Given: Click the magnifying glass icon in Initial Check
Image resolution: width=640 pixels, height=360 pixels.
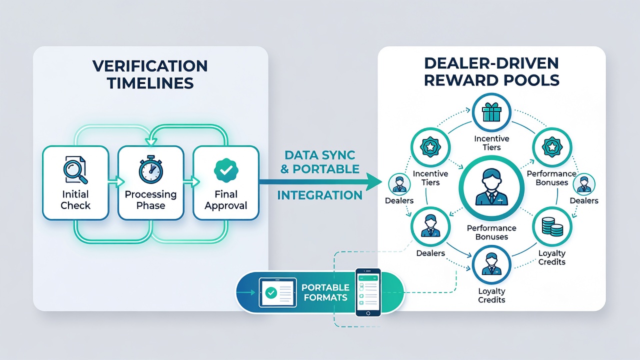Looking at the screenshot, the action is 75,170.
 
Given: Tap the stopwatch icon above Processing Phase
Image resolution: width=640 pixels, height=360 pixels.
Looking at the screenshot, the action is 151,169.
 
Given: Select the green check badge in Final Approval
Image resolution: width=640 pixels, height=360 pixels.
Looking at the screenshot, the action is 226,170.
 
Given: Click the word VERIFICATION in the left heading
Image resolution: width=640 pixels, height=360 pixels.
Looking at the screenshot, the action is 150,66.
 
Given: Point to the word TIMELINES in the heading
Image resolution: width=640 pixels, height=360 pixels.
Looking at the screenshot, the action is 150,83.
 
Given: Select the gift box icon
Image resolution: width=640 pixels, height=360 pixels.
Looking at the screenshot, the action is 491,112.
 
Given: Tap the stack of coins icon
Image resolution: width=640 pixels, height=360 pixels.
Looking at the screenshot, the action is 552,227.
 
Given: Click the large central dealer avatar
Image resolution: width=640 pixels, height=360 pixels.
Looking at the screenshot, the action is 491,187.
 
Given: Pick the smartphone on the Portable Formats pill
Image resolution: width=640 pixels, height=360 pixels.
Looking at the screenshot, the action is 368,292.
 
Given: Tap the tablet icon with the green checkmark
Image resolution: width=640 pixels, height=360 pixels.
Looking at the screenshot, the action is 277,292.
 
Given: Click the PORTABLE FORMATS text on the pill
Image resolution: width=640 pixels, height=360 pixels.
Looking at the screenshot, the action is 325,292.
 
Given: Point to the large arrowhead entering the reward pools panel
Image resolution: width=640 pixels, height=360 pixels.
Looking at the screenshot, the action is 373,182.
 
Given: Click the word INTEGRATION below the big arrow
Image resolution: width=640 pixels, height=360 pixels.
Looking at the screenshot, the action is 319,195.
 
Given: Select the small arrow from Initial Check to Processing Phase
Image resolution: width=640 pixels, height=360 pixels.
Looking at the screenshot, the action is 116,181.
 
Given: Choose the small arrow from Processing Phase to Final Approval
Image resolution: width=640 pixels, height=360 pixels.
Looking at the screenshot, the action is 191,181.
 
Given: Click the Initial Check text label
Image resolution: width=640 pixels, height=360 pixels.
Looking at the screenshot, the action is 75,199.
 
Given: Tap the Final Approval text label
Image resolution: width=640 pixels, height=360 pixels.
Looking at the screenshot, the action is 226,199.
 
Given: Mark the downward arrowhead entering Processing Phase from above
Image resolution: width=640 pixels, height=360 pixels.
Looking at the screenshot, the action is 151,141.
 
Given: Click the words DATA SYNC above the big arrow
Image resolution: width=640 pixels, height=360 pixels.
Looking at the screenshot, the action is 319,155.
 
